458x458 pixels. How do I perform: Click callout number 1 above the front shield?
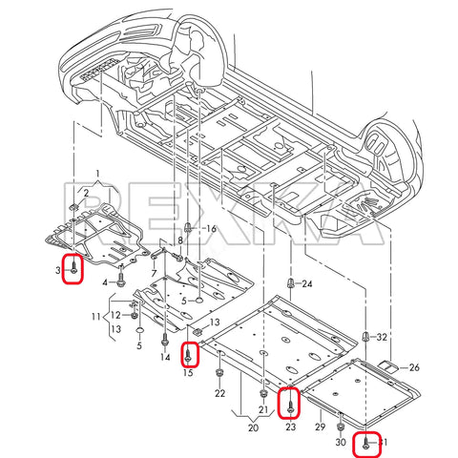(96, 175)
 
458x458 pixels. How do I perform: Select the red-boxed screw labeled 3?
(73, 270)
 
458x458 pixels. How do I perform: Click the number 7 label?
(152, 274)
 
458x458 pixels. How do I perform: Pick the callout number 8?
(177, 240)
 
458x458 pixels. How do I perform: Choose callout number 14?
(165, 358)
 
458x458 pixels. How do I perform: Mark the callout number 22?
(219, 393)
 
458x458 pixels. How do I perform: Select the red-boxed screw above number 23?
(289, 406)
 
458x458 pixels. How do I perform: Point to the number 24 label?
(306, 284)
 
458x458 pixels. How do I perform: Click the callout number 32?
(382, 338)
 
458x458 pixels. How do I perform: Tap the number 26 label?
(413, 367)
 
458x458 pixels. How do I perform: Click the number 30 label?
(341, 443)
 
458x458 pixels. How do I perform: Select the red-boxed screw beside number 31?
(365, 443)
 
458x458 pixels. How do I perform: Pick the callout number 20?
(252, 428)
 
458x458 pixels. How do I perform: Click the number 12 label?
(114, 315)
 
